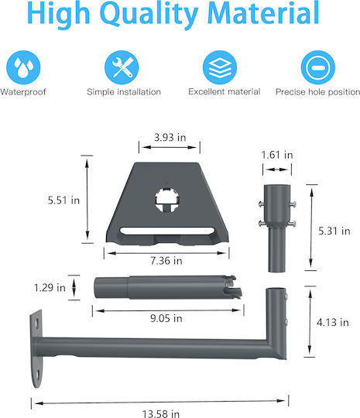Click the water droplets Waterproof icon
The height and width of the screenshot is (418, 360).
click(23, 67)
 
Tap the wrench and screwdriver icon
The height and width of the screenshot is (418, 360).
click(122, 67)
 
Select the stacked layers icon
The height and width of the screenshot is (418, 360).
click(220, 67)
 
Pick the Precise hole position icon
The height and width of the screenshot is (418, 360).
click(318, 67)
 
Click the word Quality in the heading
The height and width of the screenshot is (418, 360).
click(149, 13)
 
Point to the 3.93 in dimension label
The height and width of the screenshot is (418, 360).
click(170, 138)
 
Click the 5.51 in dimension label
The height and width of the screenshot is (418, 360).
click(63, 200)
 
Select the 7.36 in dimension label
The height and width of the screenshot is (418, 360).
click(166, 261)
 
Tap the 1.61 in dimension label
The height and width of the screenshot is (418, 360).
click(277, 155)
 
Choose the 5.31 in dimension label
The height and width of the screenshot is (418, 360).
click(334, 231)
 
